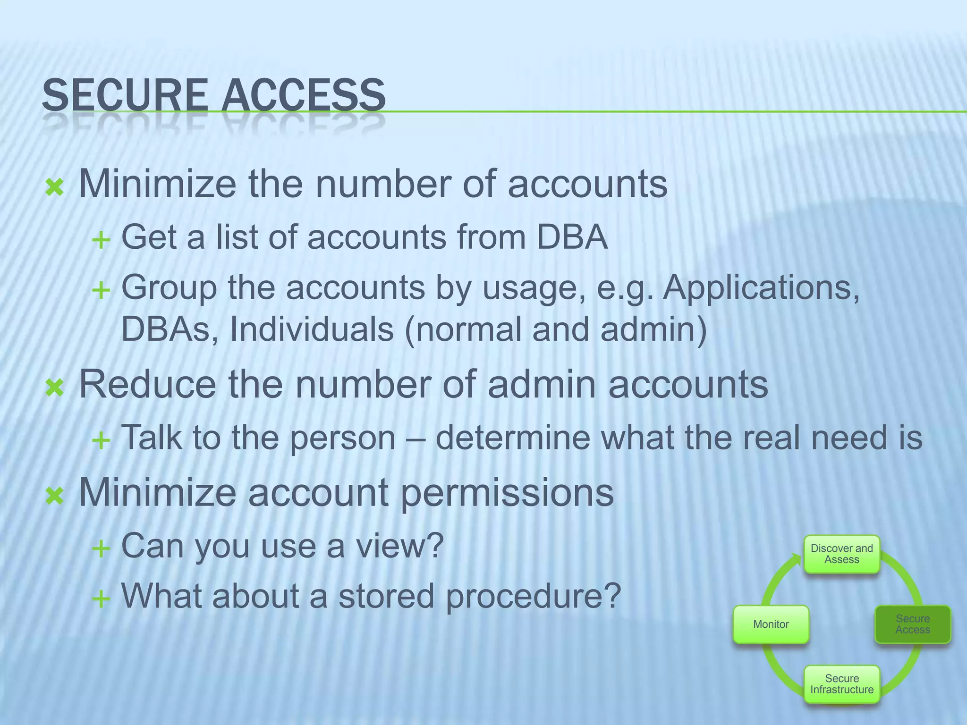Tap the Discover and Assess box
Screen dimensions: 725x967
point(841,554)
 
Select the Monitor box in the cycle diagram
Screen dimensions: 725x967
point(771,624)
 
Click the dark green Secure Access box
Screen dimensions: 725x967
point(912,624)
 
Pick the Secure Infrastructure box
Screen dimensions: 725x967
point(841,684)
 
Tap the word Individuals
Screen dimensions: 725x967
point(311,329)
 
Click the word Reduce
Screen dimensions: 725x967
point(147,385)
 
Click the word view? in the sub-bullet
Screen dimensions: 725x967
point(399,546)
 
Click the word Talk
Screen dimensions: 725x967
point(151,438)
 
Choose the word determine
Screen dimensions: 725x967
point(512,438)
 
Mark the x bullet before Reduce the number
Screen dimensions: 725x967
point(55,388)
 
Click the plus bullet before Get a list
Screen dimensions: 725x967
point(101,241)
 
